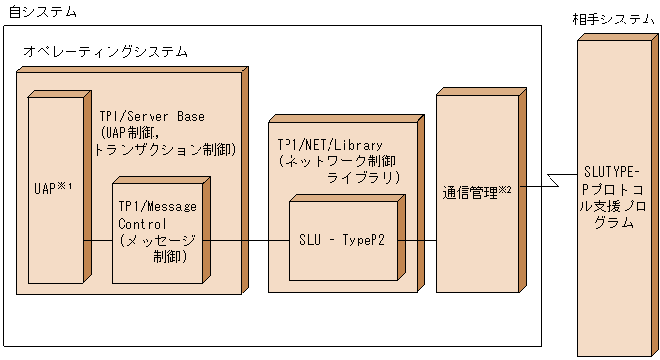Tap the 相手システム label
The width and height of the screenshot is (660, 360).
tap(613, 20)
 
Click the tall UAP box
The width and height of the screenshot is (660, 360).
tap(55, 185)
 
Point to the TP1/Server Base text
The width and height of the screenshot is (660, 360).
tap(152, 115)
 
